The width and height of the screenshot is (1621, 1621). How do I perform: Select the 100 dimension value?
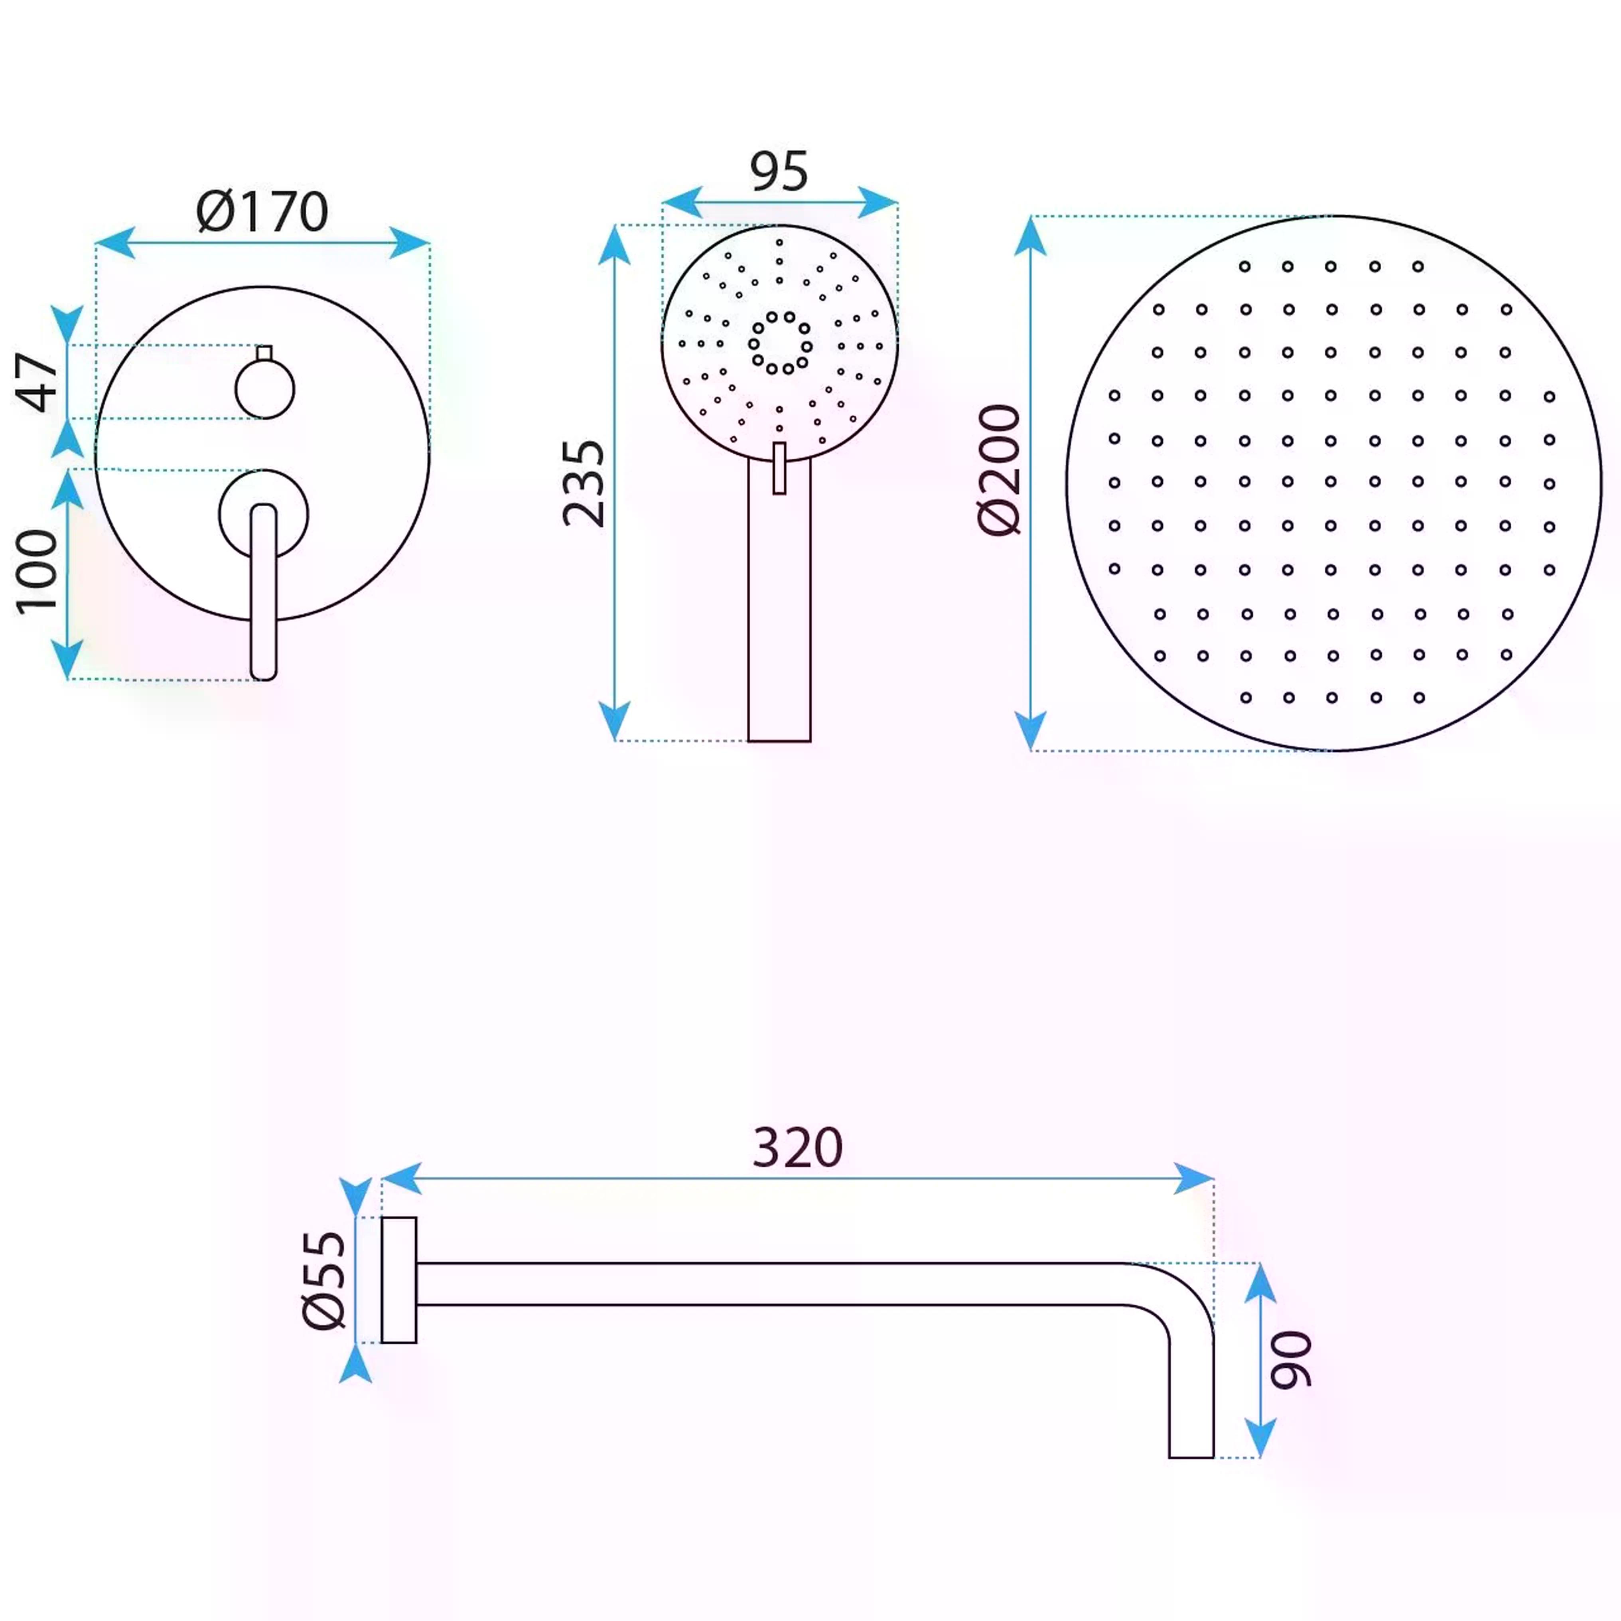pos(38,572)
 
